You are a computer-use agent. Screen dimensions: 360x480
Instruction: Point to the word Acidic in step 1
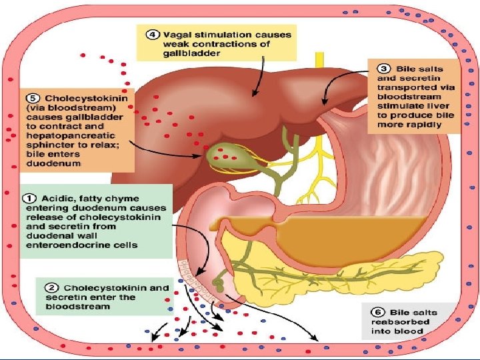[x=59, y=197]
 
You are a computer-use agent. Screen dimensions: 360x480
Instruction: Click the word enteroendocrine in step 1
[x=65, y=245]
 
